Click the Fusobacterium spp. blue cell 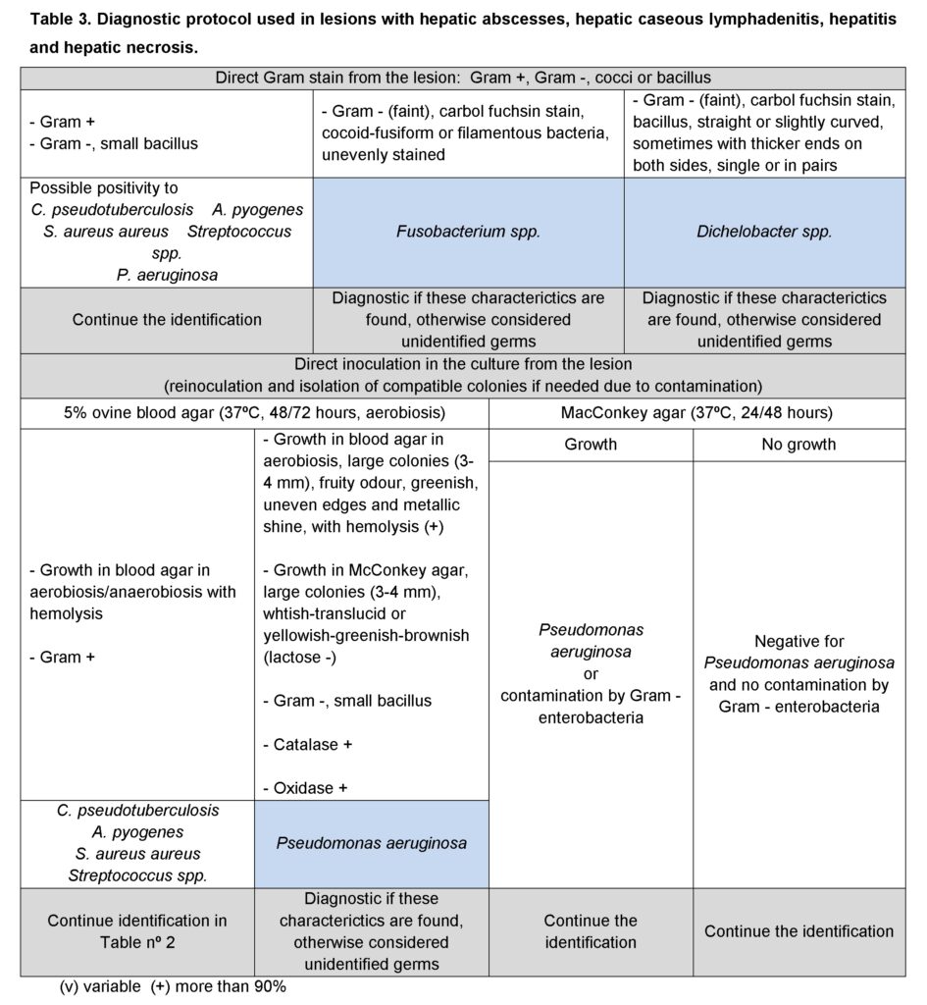[468, 233]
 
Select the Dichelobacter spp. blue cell [764, 233]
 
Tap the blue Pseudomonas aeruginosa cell [371, 843]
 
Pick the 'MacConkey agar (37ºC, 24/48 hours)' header [696, 413]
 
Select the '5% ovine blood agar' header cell [254, 413]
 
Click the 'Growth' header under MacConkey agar [591, 445]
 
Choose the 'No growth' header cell [798, 445]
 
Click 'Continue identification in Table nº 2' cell [137, 931]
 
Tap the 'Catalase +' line [307, 744]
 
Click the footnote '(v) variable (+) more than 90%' [173, 987]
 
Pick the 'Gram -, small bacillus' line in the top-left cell [114, 143]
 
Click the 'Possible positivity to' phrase [104, 187]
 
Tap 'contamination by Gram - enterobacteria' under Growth [591, 707]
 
